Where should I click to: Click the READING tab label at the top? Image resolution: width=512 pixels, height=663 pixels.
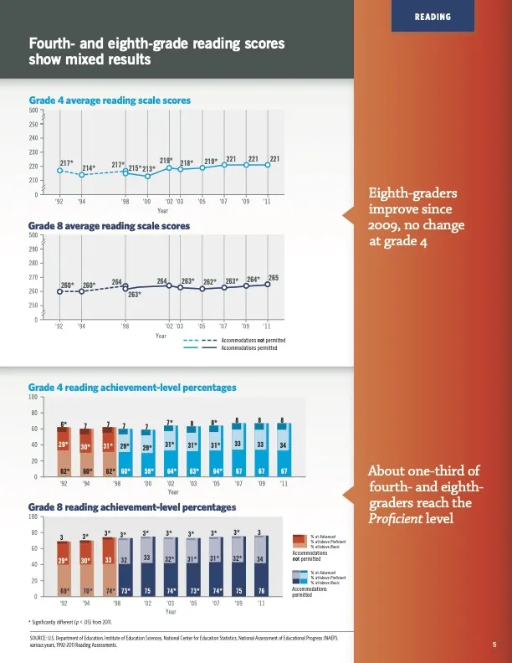pos(433,17)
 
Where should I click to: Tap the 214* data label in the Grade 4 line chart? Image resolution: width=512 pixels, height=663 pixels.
pos(89,167)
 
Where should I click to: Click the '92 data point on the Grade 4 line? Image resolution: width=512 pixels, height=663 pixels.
pos(59,171)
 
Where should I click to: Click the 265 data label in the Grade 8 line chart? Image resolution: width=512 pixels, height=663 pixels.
pos(273,277)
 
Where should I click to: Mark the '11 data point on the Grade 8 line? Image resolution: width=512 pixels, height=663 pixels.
pos(268,285)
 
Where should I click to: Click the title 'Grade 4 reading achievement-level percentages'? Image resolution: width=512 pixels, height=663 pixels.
pos(132,388)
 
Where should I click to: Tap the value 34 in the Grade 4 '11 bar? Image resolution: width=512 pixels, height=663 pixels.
pos(284,444)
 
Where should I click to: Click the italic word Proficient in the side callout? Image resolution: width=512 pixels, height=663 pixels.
pos(394,519)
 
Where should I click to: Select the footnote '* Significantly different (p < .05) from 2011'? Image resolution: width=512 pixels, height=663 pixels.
pos(75,622)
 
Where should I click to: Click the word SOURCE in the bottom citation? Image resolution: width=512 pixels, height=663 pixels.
pos(39,639)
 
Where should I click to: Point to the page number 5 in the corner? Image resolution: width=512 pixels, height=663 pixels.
pos(494,645)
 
